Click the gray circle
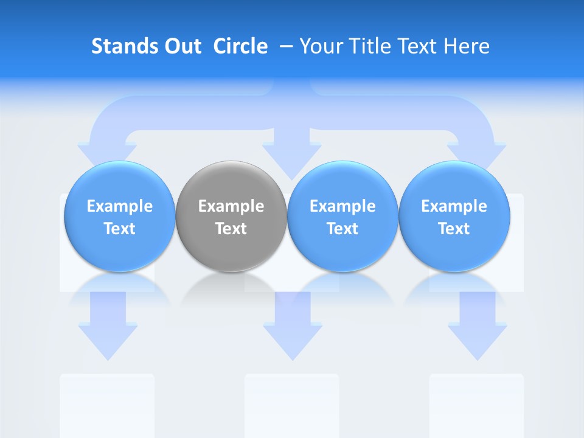click(231, 216)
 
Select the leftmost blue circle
click(119, 216)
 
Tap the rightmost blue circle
click(454, 216)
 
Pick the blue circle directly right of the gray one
click(342, 216)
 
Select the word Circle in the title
click(240, 46)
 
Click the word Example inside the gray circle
click(231, 206)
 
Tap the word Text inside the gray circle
click(231, 229)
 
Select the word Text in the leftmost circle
click(119, 229)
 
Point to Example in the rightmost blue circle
click(454, 206)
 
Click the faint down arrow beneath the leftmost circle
click(108, 328)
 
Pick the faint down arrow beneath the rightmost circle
click(478, 328)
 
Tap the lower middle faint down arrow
click(293, 328)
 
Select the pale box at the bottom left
click(107, 405)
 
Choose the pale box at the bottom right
click(476, 405)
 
